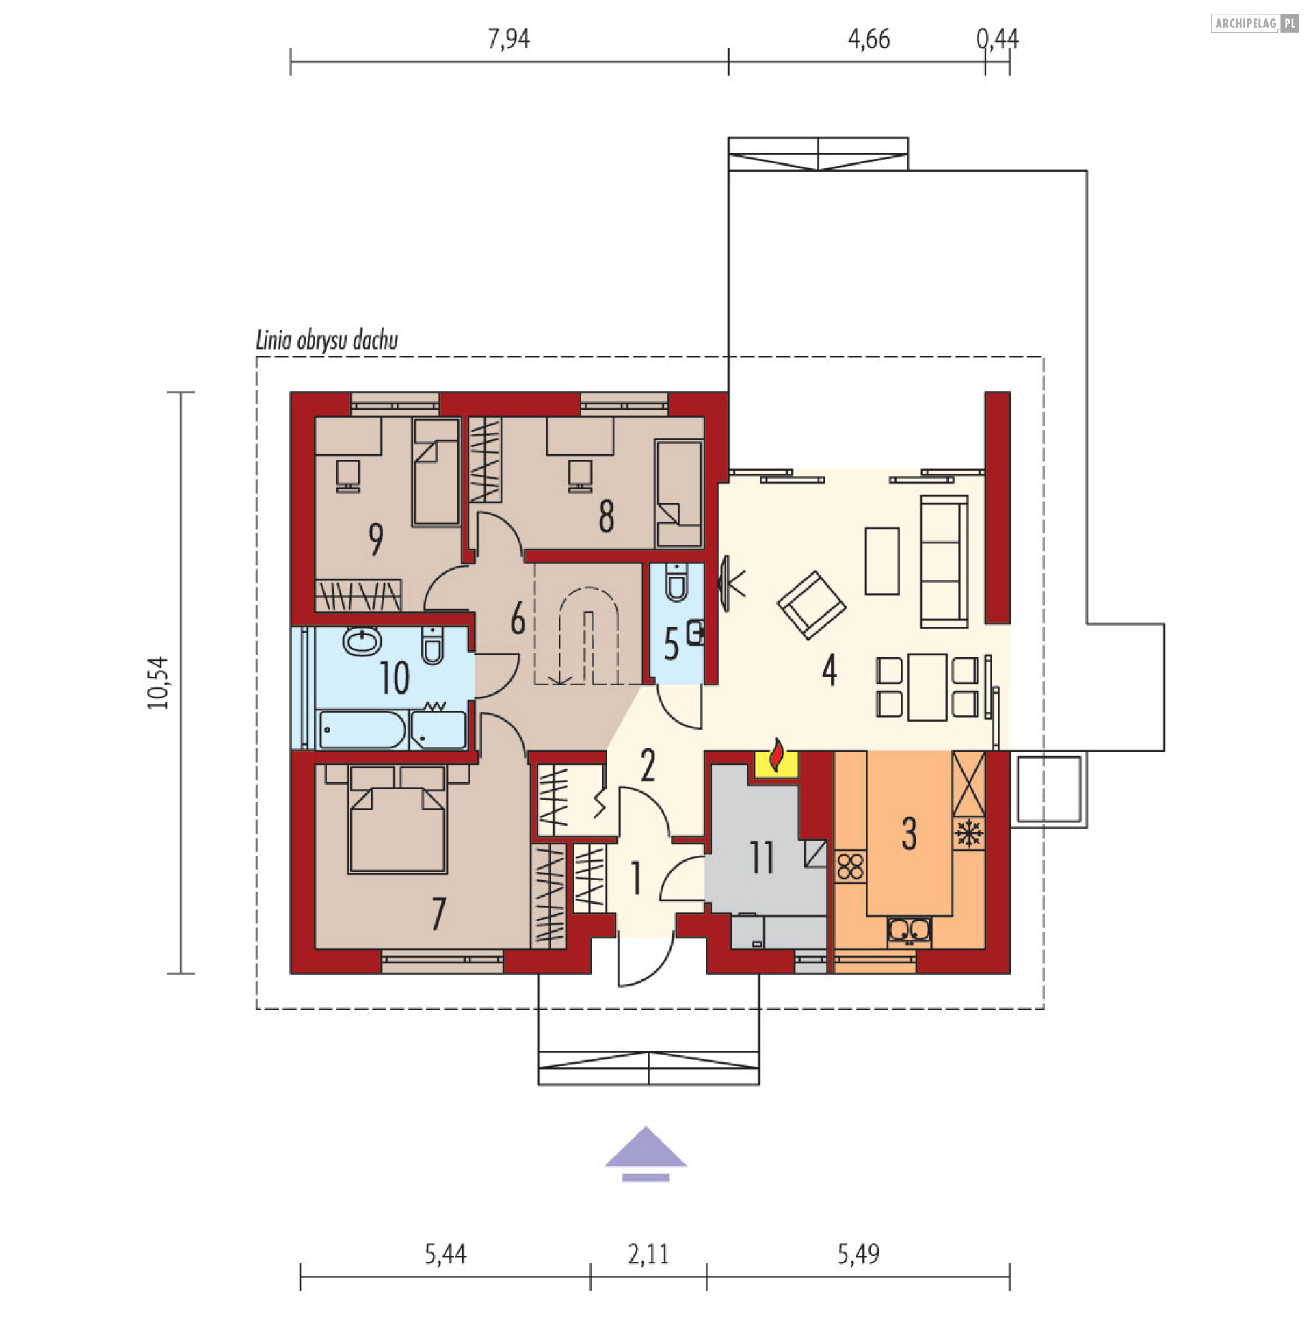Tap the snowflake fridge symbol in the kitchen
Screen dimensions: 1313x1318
[968, 834]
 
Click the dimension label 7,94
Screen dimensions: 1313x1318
[509, 39]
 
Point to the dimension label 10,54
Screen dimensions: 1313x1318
[158, 683]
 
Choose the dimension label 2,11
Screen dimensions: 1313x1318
[648, 1254]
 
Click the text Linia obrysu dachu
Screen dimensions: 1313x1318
[327, 340]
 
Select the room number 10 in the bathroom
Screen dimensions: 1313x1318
[395, 678]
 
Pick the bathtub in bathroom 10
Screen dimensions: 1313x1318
[363, 729]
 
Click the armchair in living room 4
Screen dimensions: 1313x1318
[812, 605]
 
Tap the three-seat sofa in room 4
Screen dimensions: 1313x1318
[944, 562]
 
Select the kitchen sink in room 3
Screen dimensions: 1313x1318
[909, 931]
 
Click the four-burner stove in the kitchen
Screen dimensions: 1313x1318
[851, 867]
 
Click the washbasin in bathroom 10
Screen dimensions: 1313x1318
[362, 642]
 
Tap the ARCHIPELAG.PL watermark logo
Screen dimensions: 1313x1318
[1255, 23]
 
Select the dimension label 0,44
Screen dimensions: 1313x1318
[998, 39]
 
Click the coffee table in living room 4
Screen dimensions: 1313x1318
[882, 561]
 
